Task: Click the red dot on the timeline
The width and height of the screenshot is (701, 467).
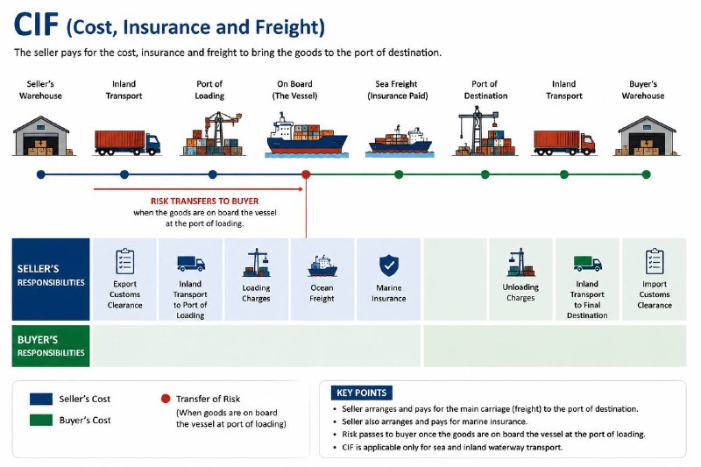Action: click(306, 174)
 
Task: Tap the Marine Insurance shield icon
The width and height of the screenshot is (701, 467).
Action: click(389, 265)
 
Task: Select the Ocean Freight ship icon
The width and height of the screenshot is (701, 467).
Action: click(322, 266)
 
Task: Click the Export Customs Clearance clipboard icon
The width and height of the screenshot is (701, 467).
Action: click(124, 261)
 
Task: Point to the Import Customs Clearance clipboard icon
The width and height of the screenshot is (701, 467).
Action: click(655, 261)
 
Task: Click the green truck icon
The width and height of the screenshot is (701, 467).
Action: click(587, 263)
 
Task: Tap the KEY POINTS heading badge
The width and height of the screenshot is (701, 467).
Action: click(361, 393)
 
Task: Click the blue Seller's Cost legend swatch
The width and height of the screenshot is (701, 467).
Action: click(41, 399)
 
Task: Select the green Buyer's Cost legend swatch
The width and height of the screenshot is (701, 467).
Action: click(41, 420)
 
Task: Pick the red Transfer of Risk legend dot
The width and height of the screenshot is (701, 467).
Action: click(166, 398)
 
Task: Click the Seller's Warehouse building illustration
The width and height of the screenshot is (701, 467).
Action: click(41, 136)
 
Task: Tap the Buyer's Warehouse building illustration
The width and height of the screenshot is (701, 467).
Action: click(647, 136)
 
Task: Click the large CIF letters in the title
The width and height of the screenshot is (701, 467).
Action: click(36, 25)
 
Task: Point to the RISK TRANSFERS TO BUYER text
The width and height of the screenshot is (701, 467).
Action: click(204, 202)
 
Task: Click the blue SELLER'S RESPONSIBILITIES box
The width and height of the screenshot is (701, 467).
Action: click(51, 279)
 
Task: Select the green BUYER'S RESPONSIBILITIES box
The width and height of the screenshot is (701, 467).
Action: click(51, 346)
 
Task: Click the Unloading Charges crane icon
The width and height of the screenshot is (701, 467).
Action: click(520, 263)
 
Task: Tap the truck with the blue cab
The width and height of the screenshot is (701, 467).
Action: click(127, 143)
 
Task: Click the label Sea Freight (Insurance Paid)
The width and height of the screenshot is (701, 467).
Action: click(397, 90)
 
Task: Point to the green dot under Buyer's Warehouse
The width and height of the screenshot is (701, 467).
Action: click(646, 174)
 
